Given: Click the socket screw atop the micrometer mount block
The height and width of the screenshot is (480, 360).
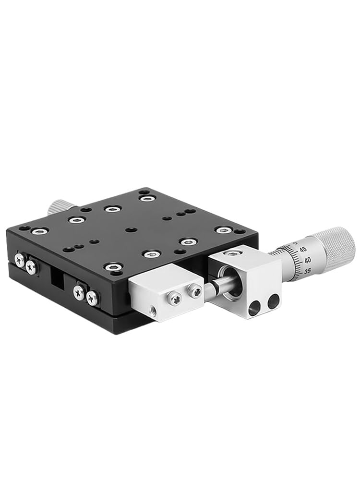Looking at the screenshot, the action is [x=233, y=253].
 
